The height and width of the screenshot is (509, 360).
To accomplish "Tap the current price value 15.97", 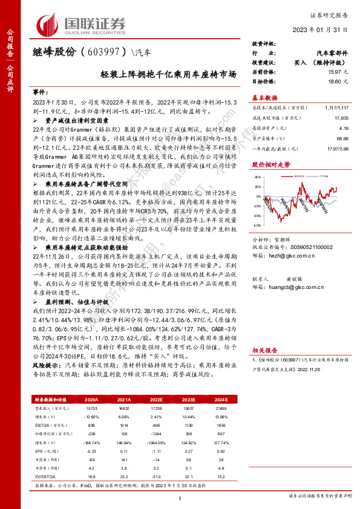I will (330, 71).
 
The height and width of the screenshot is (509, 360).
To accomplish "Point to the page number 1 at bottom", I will (180, 498).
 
